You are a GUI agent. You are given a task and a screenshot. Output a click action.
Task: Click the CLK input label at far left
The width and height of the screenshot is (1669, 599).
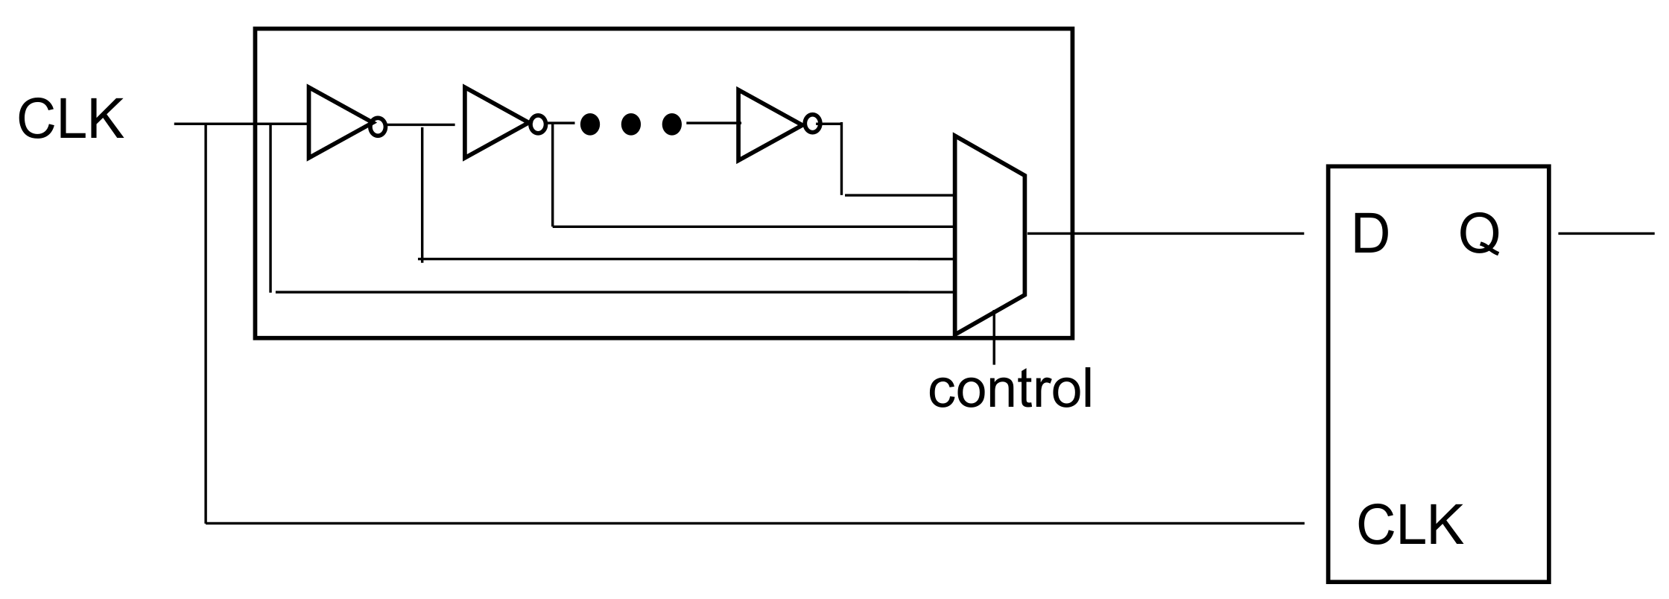click(x=71, y=120)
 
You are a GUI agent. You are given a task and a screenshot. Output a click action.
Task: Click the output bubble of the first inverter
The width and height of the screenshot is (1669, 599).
click(x=379, y=127)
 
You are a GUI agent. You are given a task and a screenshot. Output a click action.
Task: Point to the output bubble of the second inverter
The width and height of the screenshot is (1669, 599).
click(x=537, y=124)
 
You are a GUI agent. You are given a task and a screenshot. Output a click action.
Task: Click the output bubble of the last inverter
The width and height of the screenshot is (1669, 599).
click(x=813, y=124)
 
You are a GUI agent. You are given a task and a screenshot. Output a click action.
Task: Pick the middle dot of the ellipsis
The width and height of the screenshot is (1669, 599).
click(x=630, y=124)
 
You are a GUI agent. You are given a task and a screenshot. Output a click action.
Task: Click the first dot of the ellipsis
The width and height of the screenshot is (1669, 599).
click(x=590, y=124)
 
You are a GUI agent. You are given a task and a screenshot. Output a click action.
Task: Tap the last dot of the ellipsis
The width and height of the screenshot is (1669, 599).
click(x=671, y=124)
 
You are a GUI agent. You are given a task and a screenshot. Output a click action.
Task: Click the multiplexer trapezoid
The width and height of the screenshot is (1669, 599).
click(x=989, y=235)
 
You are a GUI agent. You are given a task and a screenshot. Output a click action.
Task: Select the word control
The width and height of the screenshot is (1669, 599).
click(x=1010, y=388)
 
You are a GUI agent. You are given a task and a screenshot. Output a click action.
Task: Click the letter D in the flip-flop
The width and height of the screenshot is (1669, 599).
click(x=1369, y=235)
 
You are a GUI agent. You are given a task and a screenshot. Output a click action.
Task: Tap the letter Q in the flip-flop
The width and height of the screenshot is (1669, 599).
click(x=1480, y=235)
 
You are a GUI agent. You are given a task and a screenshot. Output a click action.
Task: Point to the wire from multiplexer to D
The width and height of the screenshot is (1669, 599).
click(x=1162, y=233)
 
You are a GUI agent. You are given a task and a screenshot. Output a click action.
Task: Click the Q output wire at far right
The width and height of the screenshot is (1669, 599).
click(x=1606, y=233)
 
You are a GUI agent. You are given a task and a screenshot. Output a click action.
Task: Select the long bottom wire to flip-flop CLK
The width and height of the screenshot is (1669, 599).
click(x=745, y=523)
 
